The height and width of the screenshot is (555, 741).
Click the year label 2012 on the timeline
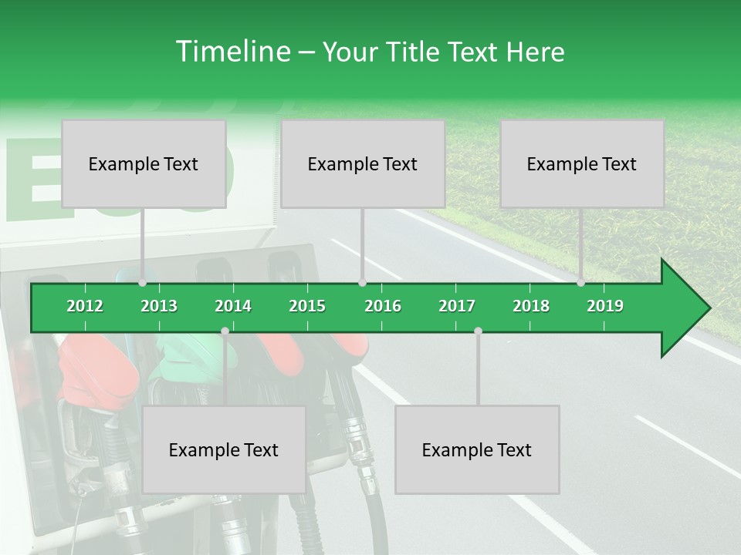(x=85, y=306)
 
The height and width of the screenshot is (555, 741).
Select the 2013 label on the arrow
(x=159, y=306)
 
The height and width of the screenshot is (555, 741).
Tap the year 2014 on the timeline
(x=233, y=306)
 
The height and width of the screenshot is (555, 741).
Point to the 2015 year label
(x=307, y=306)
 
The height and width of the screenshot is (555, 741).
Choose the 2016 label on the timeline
(x=383, y=306)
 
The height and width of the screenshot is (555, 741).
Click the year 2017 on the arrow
(x=457, y=306)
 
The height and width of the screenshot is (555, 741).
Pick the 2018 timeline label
(x=531, y=306)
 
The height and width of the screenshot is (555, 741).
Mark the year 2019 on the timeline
(x=605, y=306)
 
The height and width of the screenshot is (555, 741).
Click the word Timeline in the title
(x=232, y=52)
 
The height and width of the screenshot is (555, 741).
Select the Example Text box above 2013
(x=144, y=163)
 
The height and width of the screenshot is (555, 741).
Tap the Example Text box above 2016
(x=363, y=163)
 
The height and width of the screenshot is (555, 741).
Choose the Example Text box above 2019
(x=582, y=163)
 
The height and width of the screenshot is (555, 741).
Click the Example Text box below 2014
(x=224, y=449)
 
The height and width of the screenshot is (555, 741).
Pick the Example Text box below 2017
(x=477, y=449)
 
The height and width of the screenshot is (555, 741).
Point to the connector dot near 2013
(x=143, y=283)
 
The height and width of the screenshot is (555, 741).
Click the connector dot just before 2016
(x=362, y=283)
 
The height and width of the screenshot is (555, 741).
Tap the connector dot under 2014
(x=225, y=331)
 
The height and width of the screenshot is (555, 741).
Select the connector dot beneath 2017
(x=478, y=331)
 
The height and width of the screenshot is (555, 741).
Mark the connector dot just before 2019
(x=581, y=283)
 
